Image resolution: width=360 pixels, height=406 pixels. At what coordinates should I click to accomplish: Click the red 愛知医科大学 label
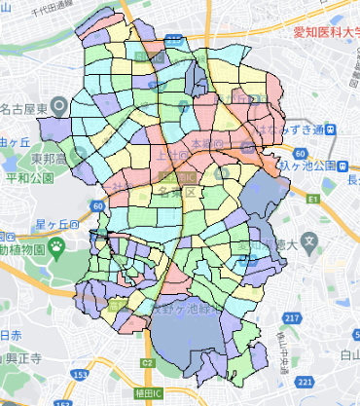[x=325, y=30]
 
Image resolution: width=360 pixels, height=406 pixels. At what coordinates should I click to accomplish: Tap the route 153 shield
[x=77, y=373]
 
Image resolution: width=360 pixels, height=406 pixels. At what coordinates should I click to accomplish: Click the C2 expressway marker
[x=147, y=363]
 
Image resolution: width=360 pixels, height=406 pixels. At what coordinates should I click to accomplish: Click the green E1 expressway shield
[x=311, y=199]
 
